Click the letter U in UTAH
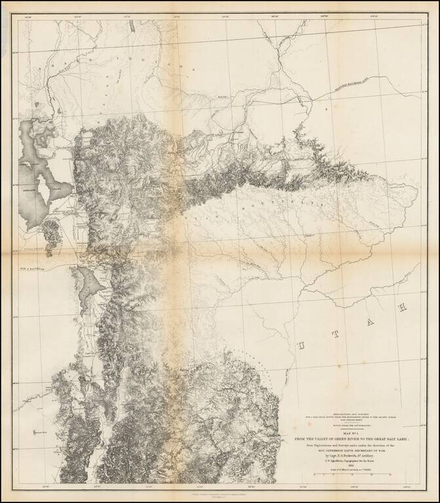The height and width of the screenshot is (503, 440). coord(301,345)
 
